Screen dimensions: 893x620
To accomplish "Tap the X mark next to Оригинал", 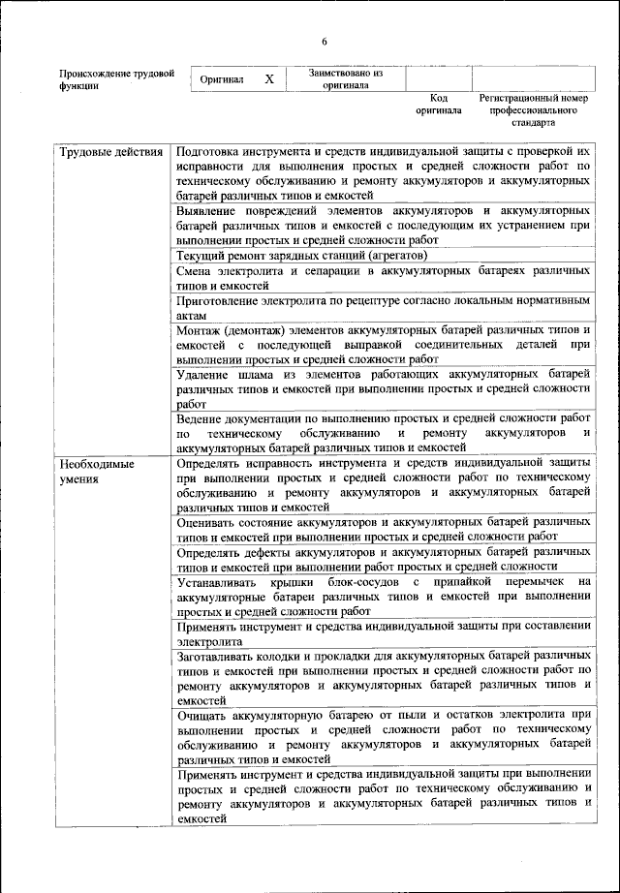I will click(269, 78).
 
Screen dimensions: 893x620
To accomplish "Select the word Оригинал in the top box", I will click(222, 79).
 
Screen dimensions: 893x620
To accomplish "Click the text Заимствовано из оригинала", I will click(346, 78).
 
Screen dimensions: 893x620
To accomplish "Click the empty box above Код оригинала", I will click(438, 78).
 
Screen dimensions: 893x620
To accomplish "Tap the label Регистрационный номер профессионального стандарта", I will click(534, 110).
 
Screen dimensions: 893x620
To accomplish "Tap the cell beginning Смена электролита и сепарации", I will click(383, 279).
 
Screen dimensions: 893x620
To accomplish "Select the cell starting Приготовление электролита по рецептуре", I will click(383, 309).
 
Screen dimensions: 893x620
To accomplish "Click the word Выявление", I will click(209, 210).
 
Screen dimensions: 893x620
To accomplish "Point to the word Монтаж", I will click(203, 331).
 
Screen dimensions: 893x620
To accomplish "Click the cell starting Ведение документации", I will click(383, 433).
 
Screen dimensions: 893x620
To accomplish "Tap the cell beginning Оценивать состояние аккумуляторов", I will click(383, 529).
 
